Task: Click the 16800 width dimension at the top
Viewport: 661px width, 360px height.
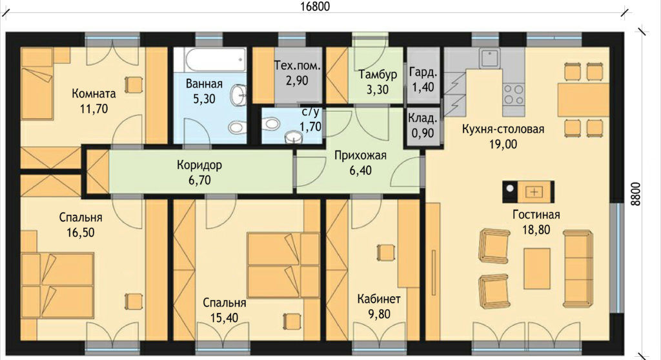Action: (315, 6)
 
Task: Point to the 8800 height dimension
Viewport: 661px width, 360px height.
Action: (635, 194)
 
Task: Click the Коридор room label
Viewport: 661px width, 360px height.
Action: (199, 165)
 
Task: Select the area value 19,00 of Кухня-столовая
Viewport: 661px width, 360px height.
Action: (503, 144)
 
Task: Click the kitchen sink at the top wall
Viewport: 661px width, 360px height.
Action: (489, 58)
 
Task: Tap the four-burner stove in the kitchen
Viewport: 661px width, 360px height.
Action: (513, 94)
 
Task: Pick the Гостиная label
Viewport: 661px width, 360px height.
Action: (536, 215)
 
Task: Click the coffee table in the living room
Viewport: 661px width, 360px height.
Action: (537, 268)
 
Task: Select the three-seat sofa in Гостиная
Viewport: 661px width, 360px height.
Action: (578, 268)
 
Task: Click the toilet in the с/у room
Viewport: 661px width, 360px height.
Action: (270, 123)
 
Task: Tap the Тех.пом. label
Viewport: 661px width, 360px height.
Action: (297, 65)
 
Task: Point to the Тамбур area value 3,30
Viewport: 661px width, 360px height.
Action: (377, 90)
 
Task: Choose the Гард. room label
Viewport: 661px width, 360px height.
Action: (423, 72)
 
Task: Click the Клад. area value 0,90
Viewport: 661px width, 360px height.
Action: (422, 133)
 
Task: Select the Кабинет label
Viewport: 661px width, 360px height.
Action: (379, 299)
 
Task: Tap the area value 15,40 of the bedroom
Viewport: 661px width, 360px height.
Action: (224, 318)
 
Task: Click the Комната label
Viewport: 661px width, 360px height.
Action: (94, 93)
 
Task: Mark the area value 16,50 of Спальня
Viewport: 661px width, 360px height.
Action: (80, 232)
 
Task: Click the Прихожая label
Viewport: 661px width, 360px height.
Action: (360, 155)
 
